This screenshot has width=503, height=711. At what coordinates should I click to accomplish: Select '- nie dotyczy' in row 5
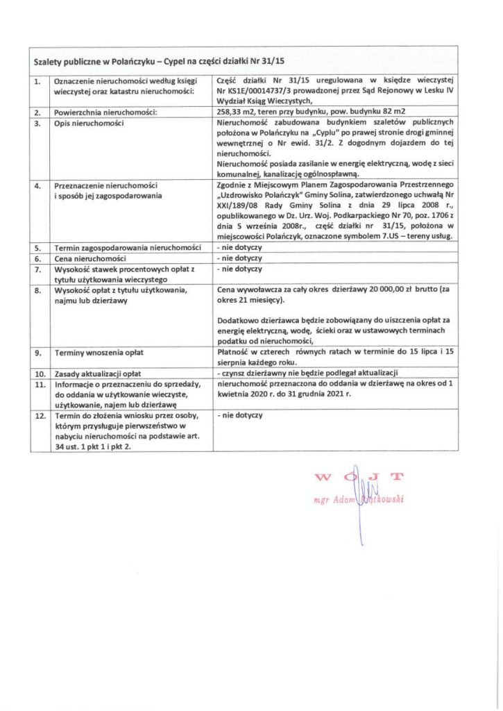click(x=239, y=247)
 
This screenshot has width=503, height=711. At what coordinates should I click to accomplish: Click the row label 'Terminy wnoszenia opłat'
click(x=94, y=353)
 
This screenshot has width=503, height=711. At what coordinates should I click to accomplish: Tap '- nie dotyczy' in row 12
click(x=239, y=415)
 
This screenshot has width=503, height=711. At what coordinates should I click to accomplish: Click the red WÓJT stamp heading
click(x=359, y=477)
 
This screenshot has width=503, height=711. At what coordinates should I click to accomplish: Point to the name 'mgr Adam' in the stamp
click(x=335, y=499)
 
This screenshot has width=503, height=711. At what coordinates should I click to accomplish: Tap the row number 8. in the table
click(x=38, y=290)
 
